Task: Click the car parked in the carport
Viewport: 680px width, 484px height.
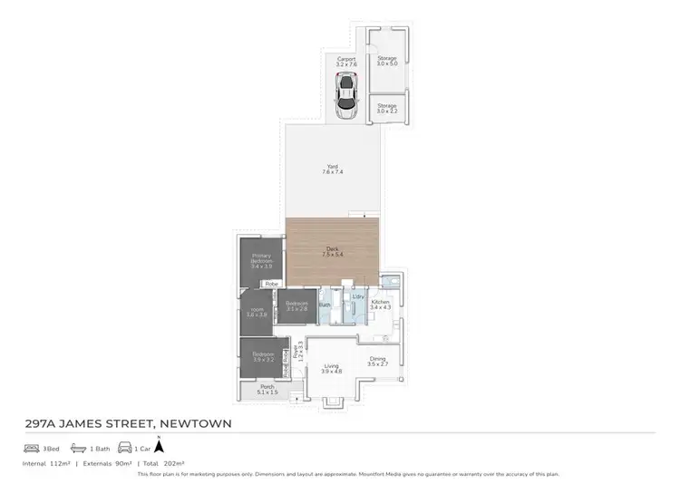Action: pyautogui.click(x=345, y=96)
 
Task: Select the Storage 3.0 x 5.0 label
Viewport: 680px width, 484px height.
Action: pyautogui.click(x=387, y=61)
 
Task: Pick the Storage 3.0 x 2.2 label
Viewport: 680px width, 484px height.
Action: pyautogui.click(x=387, y=108)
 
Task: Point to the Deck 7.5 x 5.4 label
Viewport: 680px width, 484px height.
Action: pyautogui.click(x=333, y=253)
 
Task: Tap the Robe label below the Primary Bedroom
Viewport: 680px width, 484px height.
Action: pyautogui.click(x=270, y=285)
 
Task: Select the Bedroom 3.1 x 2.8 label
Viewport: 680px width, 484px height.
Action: pyautogui.click(x=296, y=306)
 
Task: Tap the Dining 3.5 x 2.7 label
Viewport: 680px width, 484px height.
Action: pyautogui.click(x=378, y=361)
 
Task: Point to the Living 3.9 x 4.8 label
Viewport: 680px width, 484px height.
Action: pyautogui.click(x=331, y=368)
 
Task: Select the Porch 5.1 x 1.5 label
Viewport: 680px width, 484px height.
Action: pyautogui.click(x=267, y=390)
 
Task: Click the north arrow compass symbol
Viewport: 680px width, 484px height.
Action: pyautogui.click(x=160, y=445)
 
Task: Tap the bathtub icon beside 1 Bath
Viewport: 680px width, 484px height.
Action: pyautogui.click(x=80, y=448)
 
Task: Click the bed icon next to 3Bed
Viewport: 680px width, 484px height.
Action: pyautogui.click(x=30, y=448)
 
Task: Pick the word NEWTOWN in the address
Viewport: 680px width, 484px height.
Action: pyautogui.click(x=196, y=423)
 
